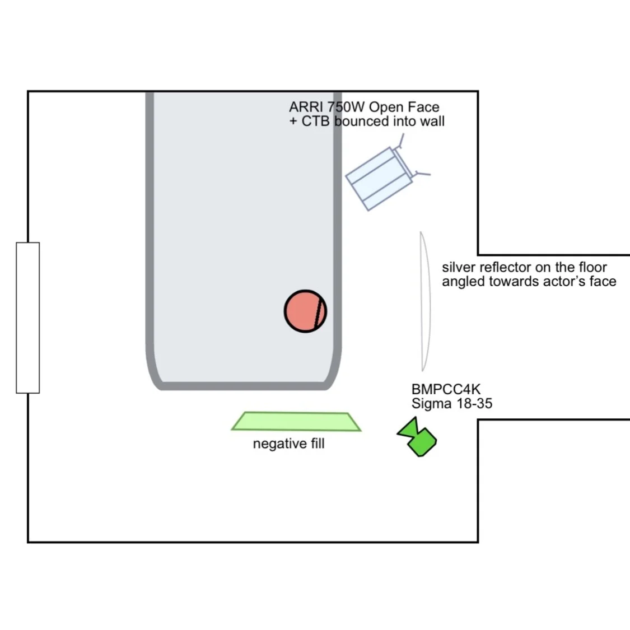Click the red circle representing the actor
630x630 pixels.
(304, 311)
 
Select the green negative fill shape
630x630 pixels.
(296, 422)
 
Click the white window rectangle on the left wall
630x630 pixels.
(27, 318)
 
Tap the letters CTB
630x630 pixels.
(315, 121)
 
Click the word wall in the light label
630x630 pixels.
(432, 121)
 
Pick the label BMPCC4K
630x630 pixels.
(446, 389)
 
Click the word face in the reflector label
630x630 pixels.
(603, 281)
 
